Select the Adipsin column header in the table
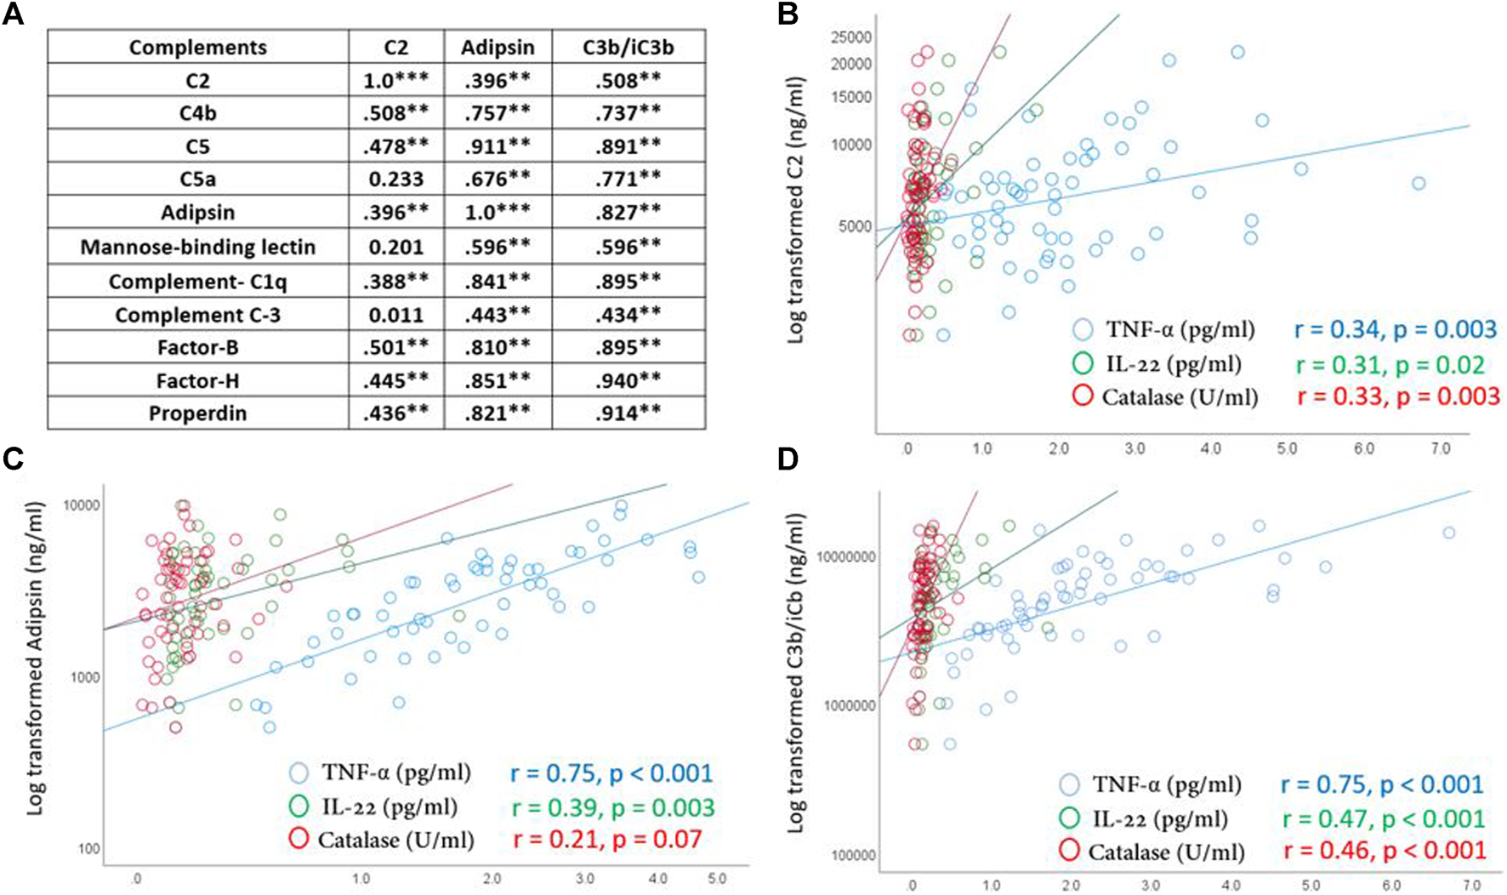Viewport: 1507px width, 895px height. pyautogui.click(x=498, y=48)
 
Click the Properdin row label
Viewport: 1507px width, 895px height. pyautogui.click(x=197, y=413)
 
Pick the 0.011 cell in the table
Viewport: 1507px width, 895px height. pyautogui.click(x=396, y=315)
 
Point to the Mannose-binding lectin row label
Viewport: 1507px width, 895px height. pyautogui.click(x=197, y=248)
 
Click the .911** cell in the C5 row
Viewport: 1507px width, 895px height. pyautogui.click(x=498, y=146)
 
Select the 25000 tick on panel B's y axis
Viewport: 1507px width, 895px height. pyautogui.click(x=851, y=37)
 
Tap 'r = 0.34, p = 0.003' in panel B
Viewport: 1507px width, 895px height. pyautogui.click(x=1396, y=330)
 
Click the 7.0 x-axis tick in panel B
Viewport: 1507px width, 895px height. pyautogui.click(x=1441, y=448)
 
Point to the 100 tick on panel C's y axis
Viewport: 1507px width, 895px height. pyautogui.click(x=88, y=849)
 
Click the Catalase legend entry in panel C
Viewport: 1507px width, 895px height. pyautogui.click(x=395, y=840)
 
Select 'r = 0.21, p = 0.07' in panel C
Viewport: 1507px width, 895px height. pyautogui.click(x=606, y=840)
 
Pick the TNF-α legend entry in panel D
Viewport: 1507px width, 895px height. pyautogui.click(x=1166, y=784)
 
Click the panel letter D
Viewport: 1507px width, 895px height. pyautogui.click(x=788, y=459)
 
